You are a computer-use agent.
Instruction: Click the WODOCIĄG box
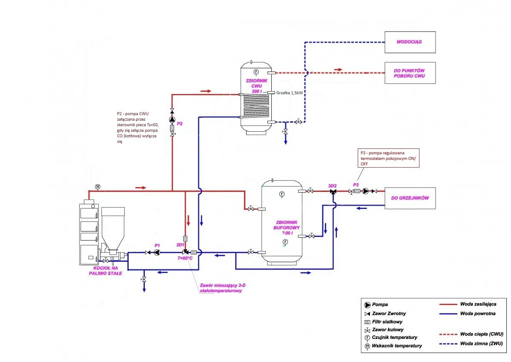pos(410,42)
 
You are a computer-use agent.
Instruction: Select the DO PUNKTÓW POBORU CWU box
pos(410,73)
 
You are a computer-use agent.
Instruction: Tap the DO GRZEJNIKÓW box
pos(410,198)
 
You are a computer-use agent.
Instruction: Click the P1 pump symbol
pos(157,253)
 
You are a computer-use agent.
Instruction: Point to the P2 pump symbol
pos(172,120)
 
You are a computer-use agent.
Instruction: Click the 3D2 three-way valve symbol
pos(333,192)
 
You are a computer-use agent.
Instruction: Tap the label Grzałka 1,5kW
pos(289,93)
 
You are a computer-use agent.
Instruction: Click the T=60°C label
pos(184,259)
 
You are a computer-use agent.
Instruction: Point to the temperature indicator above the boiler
pos(98,187)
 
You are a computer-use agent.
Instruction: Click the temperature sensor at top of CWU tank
pos(256,71)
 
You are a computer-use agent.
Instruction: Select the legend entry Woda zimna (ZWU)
pos(482,343)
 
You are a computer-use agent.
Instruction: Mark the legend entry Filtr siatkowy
pos(387,322)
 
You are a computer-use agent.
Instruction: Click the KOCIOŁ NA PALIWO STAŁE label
pos(104,271)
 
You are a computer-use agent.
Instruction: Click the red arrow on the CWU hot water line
pos(338,69)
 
